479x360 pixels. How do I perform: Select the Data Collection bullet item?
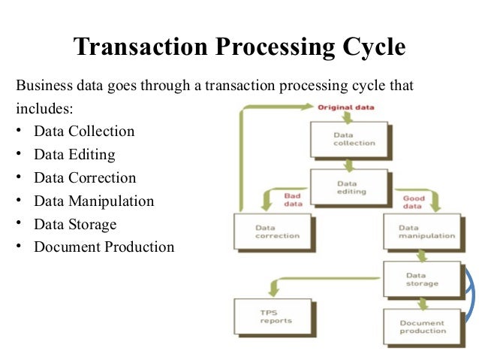[x=84, y=132]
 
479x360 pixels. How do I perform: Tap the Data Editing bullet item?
[x=74, y=155]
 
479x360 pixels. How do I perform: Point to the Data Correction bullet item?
[x=85, y=178]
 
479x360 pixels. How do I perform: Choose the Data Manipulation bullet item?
[x=94, y=201]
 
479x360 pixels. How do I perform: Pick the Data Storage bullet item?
[x=75, y=224]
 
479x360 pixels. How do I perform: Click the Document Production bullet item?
[x=104, y=247]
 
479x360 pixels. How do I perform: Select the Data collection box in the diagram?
[x=348, y=139]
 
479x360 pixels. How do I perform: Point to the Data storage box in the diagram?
[x=422, y=279]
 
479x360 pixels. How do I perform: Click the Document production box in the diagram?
[x=422, y=326]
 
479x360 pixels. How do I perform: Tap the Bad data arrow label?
[x=293, y=200]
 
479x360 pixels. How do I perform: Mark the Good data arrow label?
[x=414, y=202]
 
